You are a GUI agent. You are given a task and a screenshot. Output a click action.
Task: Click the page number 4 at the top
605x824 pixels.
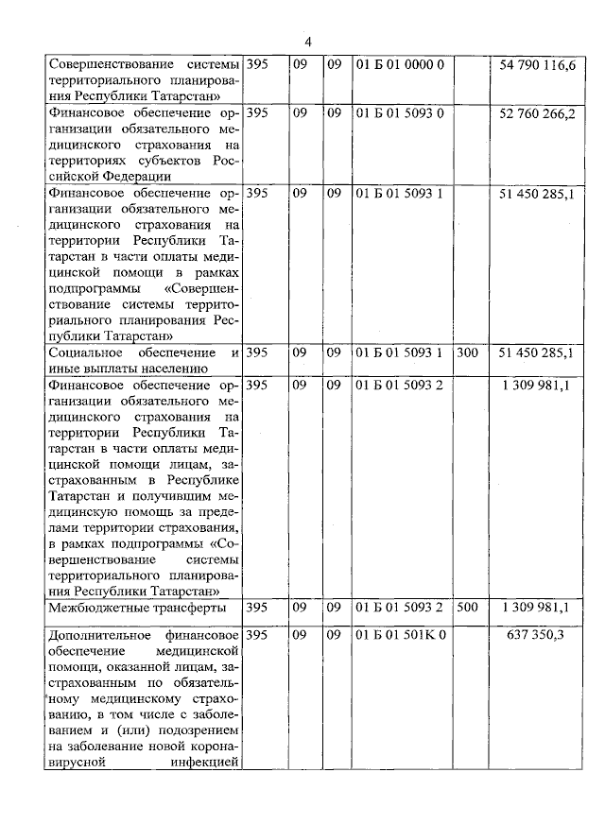coord(308,42)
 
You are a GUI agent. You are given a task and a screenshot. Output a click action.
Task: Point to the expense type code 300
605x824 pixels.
coord(467,352)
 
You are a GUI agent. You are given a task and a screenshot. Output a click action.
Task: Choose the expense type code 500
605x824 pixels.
coord(467,607)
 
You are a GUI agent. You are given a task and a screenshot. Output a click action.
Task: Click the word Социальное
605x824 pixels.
coord(86,352)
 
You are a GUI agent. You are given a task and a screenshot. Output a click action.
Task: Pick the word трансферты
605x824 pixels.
coord(192,608)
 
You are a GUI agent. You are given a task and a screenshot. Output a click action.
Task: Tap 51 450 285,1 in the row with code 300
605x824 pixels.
coord(536,352)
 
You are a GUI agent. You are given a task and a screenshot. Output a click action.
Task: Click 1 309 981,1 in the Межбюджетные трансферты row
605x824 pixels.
coord(536,607)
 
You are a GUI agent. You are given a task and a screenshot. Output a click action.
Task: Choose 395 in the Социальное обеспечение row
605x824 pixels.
coord(257,352)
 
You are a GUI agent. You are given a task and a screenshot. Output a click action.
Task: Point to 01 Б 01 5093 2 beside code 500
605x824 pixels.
coord(399,607)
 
